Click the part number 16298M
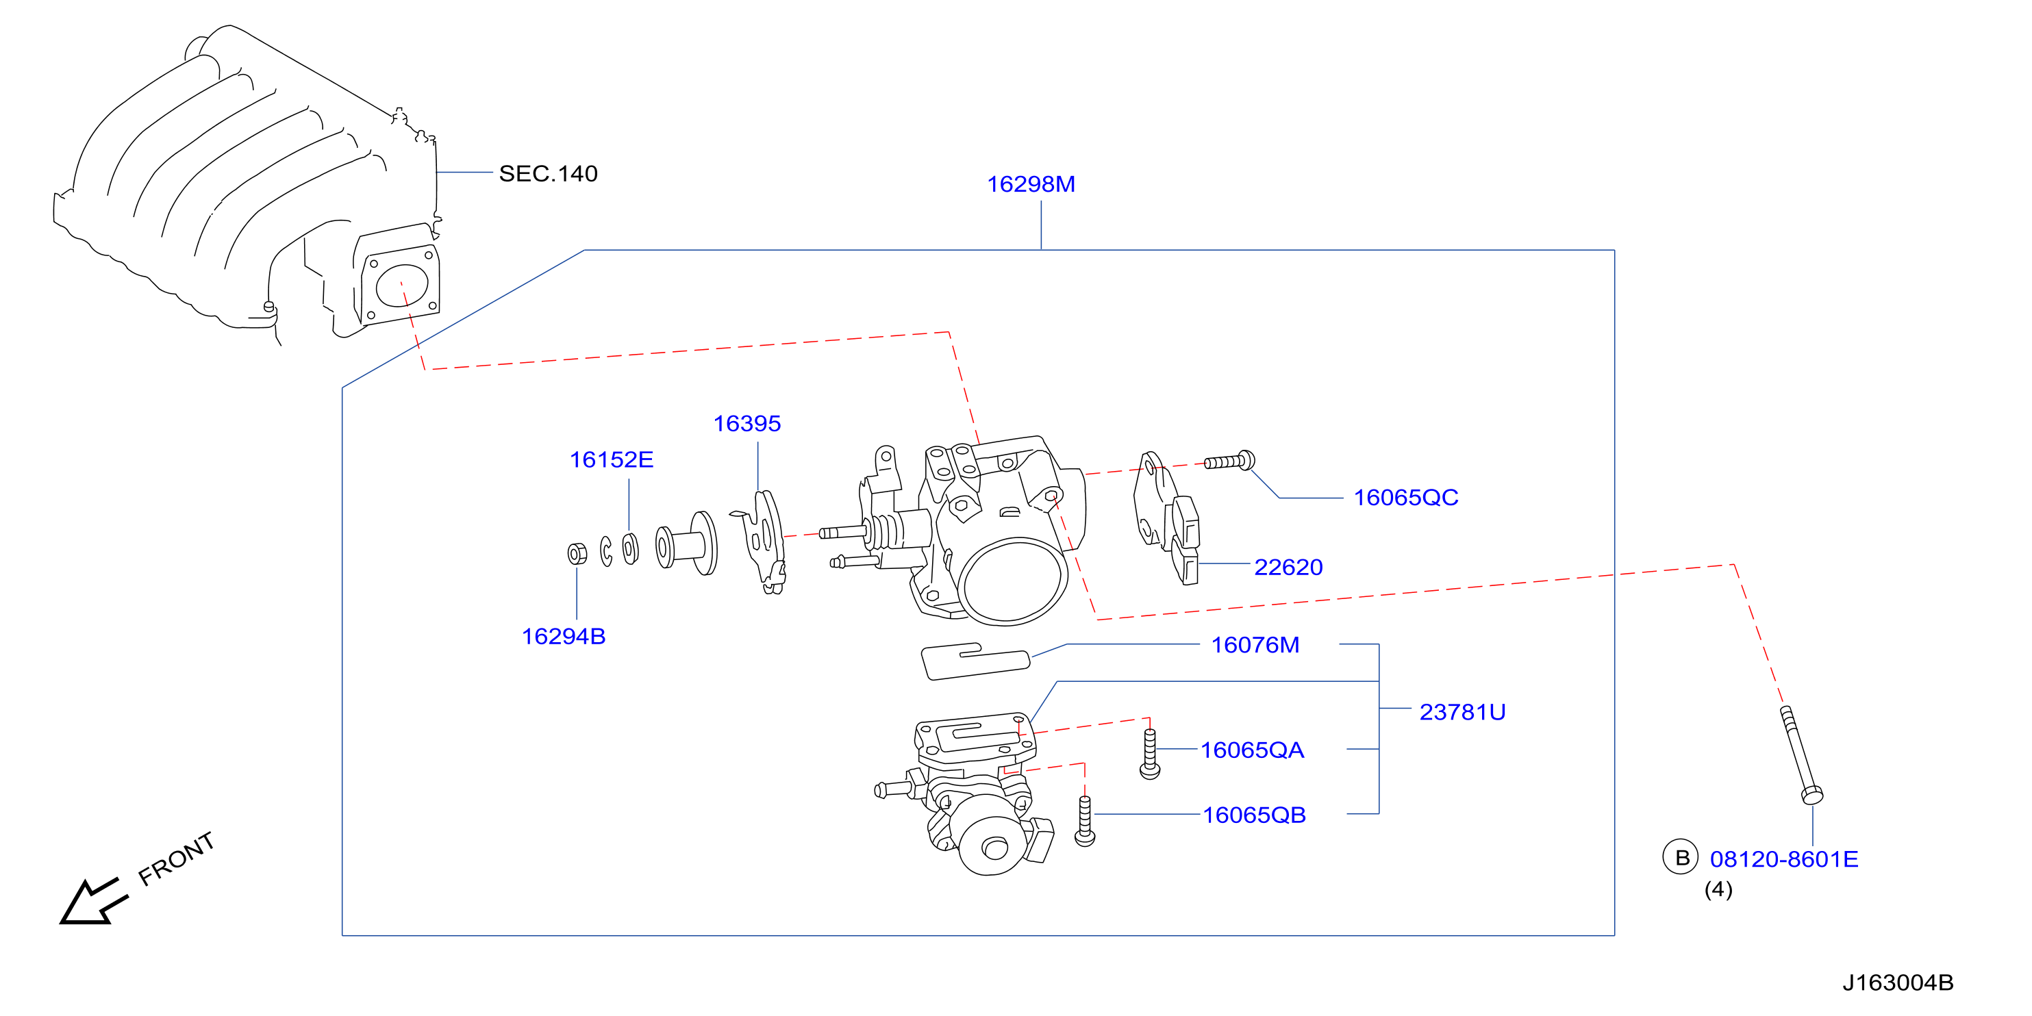pos(1031,183)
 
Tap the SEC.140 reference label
pos(548,173)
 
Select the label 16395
pos(747,424)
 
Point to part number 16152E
pos(612,460)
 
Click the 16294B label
pos(563,637)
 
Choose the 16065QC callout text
pos(1405,498)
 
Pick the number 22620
pos(1288,567)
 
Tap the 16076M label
pos(1255,645)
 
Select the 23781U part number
pos(1462,712)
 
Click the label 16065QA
pos(1252,750)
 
